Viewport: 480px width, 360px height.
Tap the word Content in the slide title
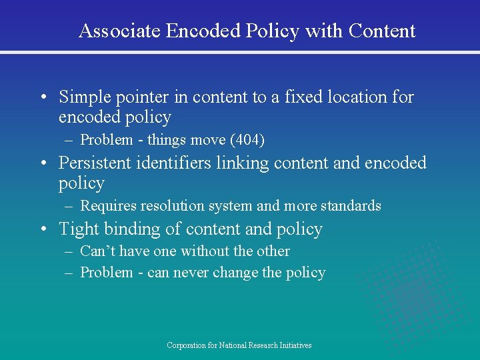382,31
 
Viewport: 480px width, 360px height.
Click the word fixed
303,97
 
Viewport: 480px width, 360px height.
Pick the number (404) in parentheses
247,140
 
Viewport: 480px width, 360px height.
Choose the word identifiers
175,163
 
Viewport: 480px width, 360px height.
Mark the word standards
353,206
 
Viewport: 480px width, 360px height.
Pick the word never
193,273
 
